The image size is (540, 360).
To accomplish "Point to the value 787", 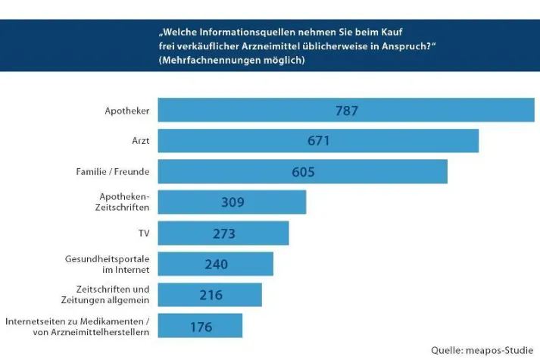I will [346, 111].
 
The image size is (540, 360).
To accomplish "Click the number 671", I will [318, 141].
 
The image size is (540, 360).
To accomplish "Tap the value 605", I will [303, 172].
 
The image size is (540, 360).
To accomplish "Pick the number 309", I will [232, 202].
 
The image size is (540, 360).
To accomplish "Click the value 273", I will [223, 233].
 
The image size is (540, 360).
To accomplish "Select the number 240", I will [216, 265].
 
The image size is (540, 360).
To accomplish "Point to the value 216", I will [210, 295].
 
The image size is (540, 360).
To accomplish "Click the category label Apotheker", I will [126, 111].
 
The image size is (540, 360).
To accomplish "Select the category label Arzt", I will [139, 142].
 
